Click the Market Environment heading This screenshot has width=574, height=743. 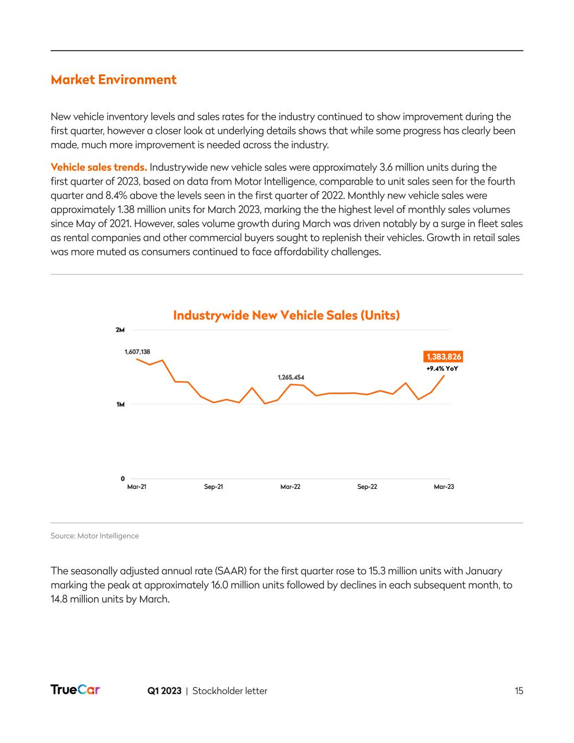click(x=114, y=80)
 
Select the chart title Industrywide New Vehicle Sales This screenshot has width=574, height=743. click(x=286, y=315)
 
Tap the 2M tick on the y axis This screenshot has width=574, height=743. click(x=120, y=330)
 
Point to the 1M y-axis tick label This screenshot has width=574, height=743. click(x=120, y=404)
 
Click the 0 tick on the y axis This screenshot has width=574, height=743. click(x=122, y=478)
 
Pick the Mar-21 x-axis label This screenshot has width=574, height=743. click(x=137, y=487)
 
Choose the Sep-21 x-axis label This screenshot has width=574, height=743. click(x=213, y=487)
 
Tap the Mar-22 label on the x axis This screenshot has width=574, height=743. click(x=290, y=487)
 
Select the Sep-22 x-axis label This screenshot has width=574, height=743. click(x=367, y=487)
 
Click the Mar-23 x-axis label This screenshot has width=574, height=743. click(x=444, y=487)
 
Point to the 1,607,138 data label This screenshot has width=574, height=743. click(x=137, y=352)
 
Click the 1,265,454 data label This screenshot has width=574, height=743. click(x=291, y=377)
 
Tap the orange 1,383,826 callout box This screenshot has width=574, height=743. click(x=443, y=357)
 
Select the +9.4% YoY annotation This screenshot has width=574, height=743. click(x=442, y=369)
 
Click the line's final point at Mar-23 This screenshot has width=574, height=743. click(x=444, y=376)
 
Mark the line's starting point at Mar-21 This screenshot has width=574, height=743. click(x=137, y=359)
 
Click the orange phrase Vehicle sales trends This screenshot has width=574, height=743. click(x=98, y=167)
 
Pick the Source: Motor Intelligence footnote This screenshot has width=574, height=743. click(x=95, y=536)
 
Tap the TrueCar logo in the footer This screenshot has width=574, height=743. click(x=75, y=690)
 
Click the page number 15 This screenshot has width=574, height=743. click(x=519, y=691)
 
